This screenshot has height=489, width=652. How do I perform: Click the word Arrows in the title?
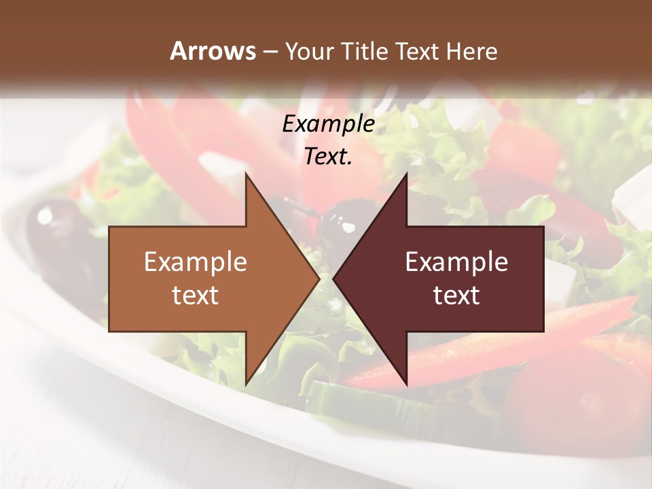point(213,52)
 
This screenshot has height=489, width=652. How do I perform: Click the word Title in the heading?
point(365,52)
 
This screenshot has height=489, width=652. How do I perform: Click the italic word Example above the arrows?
point(328,124)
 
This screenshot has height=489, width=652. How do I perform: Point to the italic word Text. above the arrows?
point(328,157)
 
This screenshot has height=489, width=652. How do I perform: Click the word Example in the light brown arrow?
point(196,261)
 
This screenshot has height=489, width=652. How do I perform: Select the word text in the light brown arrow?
point(196,295)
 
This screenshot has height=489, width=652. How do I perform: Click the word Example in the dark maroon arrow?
point(456,261)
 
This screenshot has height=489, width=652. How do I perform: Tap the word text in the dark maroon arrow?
point(456,295)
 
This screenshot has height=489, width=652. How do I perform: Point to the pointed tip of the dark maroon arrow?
point(336,278)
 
